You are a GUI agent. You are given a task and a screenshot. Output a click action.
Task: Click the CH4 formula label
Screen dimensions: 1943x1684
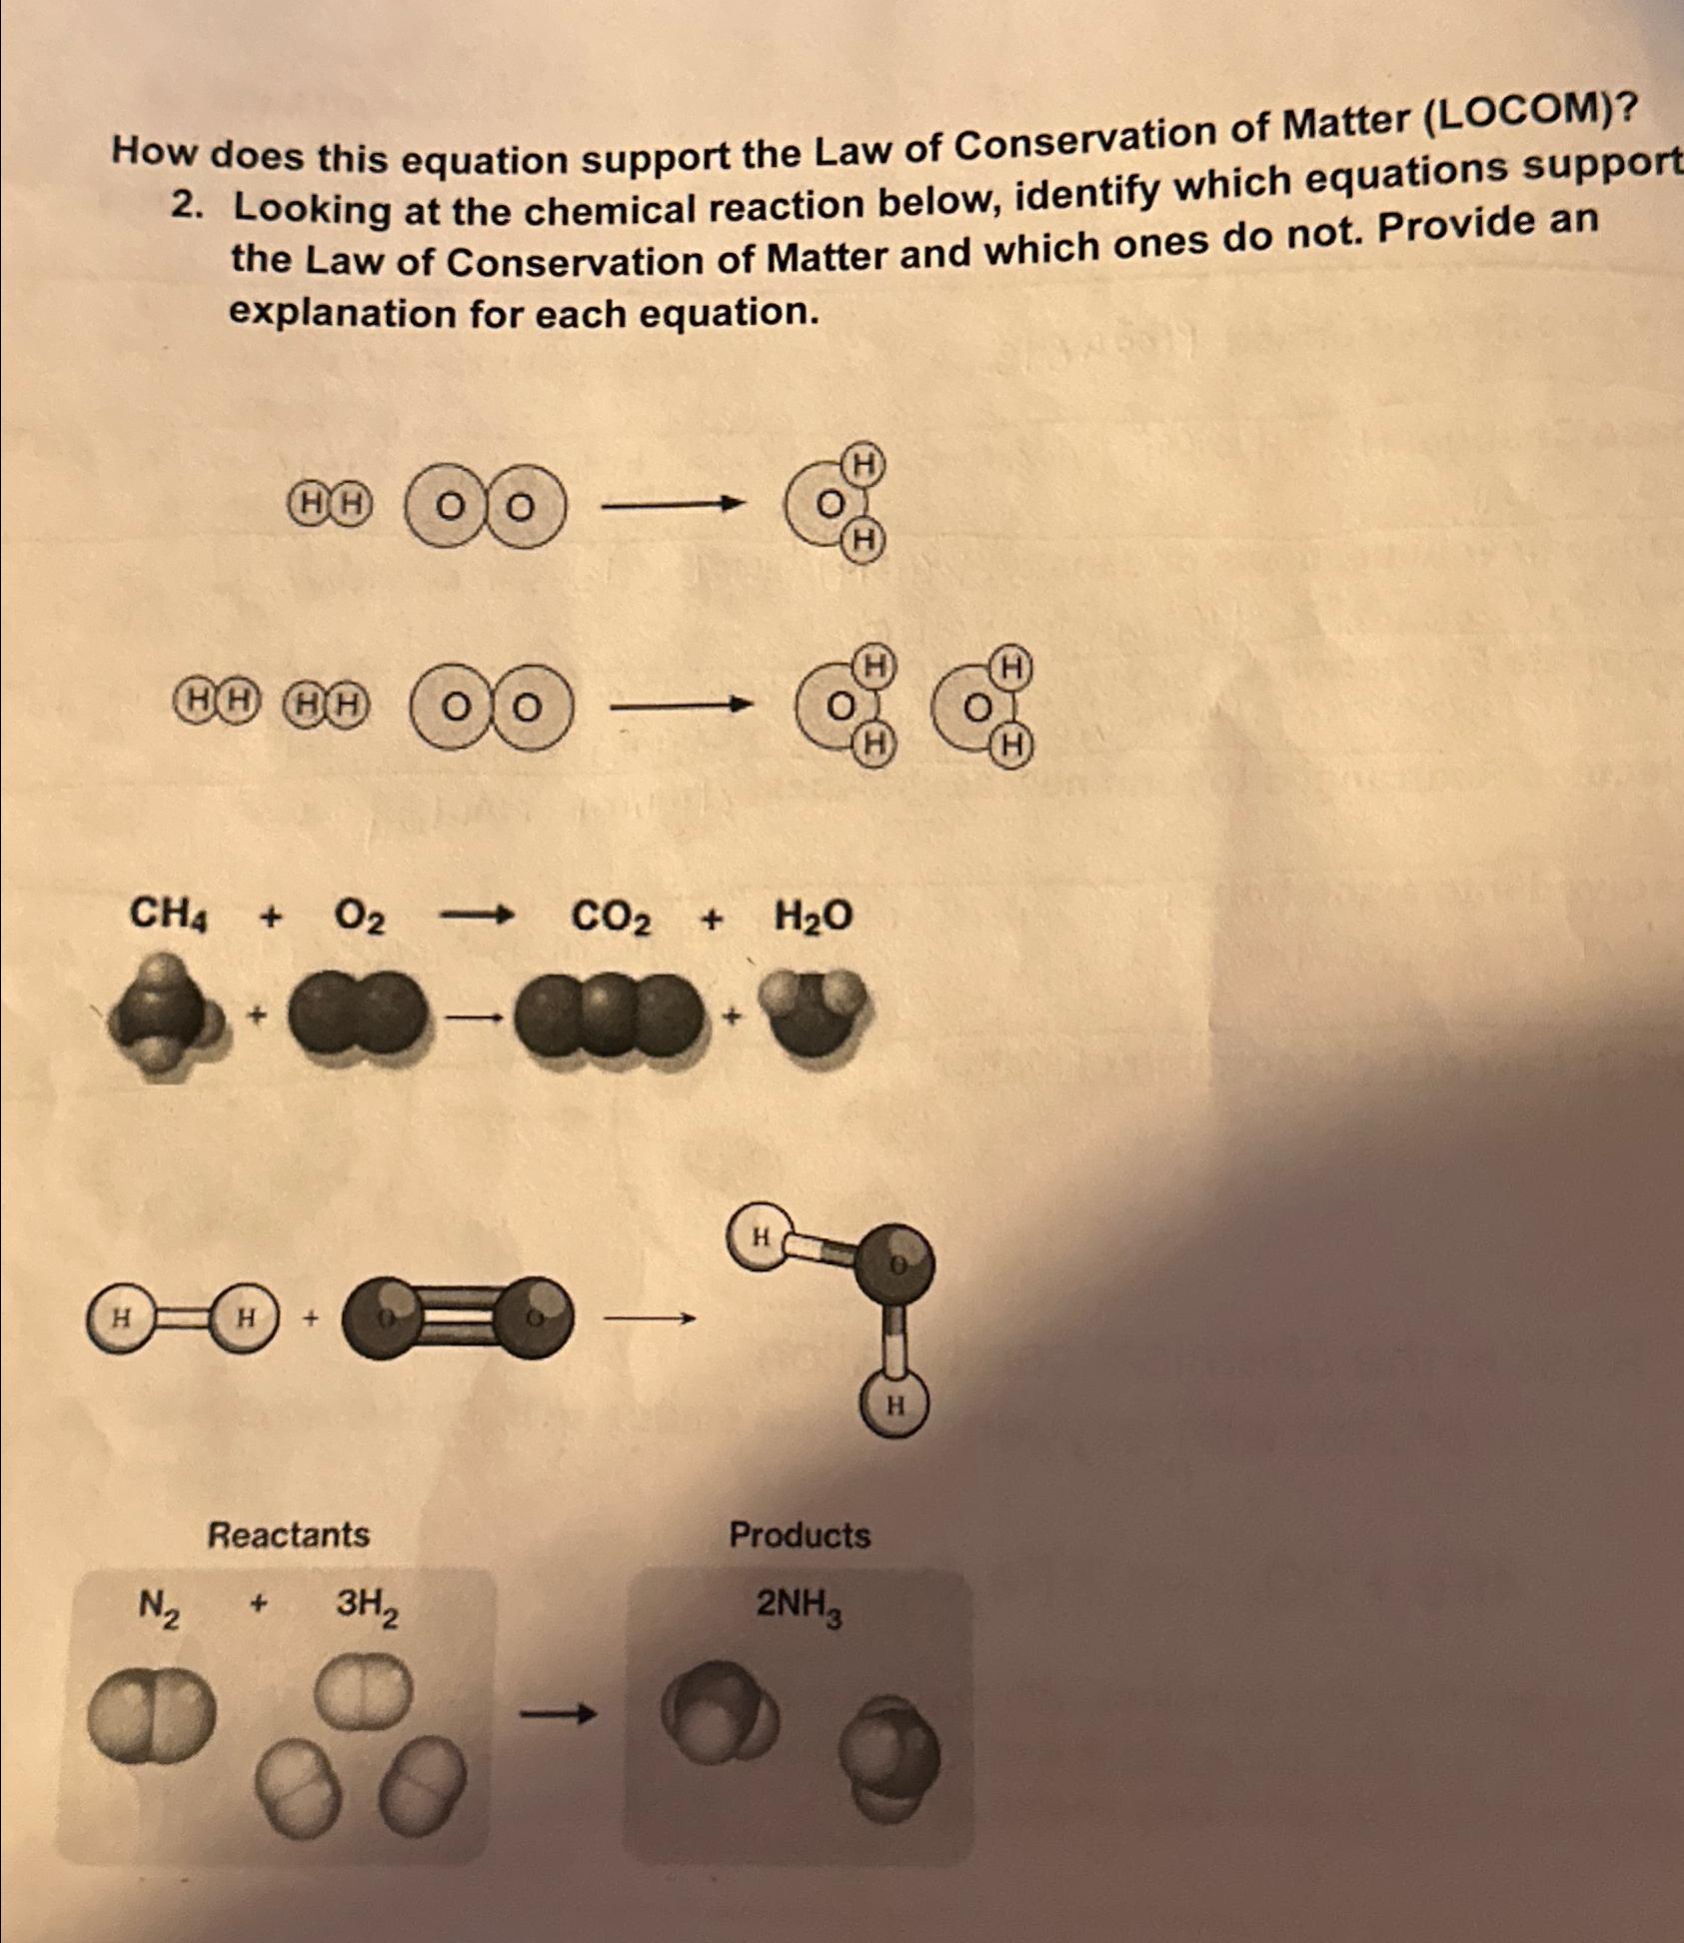click(169, 913)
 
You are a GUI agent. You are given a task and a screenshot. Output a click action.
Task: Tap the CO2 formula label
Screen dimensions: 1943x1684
click(611, 917)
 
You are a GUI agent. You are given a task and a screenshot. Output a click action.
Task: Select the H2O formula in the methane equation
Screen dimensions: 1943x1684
click(814, 916)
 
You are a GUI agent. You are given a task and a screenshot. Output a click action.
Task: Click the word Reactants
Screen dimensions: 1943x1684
click(288, 1534)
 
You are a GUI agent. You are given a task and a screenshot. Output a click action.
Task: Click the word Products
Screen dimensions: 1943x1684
click(800, 1535)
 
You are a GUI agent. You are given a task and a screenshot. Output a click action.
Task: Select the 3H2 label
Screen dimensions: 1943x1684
click(367, 1605)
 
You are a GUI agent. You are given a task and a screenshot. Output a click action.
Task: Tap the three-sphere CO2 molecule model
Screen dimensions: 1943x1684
click(607, 1016)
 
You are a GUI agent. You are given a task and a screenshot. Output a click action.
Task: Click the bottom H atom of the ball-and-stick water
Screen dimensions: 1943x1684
click(894, 1406)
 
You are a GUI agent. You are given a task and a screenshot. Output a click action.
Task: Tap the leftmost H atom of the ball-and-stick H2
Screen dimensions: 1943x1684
click(120, 1318)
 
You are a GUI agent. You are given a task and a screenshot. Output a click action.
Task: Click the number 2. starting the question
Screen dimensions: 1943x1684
click(186, 206)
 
